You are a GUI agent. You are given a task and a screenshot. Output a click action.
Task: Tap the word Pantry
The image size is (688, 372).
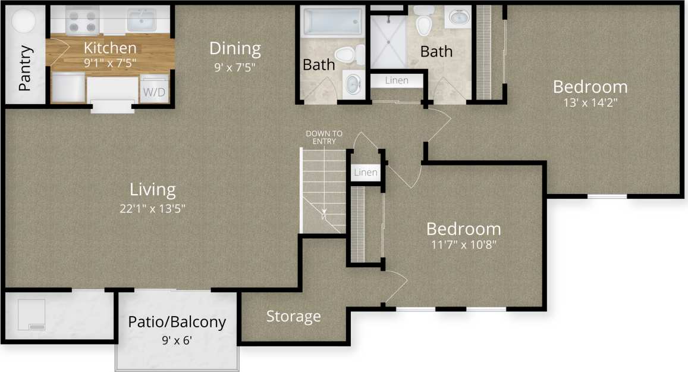coord(25,68)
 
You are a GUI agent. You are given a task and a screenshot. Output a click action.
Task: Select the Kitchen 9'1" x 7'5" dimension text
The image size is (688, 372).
coord(110,60)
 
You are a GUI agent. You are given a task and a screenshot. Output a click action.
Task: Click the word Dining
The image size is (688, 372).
coord(235,48)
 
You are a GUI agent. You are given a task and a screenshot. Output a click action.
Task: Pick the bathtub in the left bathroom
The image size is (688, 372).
coord(332,23)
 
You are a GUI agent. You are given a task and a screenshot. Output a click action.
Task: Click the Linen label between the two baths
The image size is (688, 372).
coord(397,80)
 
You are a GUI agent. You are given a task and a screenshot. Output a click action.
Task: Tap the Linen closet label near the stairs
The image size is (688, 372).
coord(365,173)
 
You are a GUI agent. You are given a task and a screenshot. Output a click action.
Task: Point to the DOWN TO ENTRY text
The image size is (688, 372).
coord(324,137)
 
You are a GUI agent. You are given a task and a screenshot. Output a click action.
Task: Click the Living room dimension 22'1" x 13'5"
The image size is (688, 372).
coord(153,209)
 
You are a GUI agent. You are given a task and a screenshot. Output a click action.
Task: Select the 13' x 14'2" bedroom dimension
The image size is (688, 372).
coord(590,102)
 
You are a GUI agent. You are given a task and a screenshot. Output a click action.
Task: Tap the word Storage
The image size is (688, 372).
coord(293,317)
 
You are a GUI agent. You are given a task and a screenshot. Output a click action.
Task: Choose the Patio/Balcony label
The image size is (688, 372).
coord(177,323)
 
